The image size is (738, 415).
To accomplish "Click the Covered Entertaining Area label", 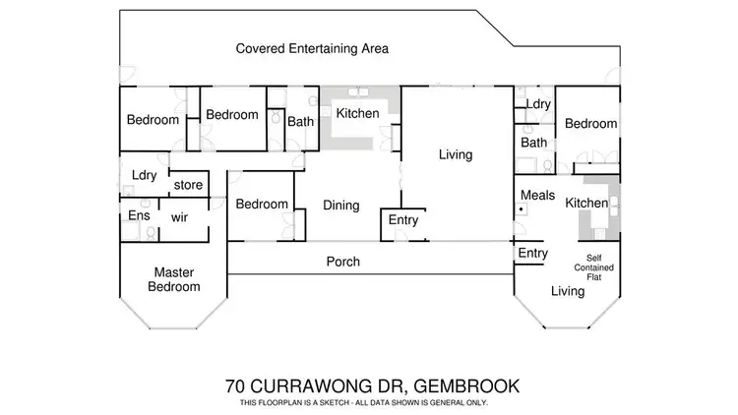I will [312, 47].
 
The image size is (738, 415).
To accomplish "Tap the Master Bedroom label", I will [174, 279].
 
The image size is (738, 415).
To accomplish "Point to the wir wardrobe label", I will [180, 216].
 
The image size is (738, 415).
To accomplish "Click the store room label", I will [188, 184].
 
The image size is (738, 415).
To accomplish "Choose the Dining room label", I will [340, 206].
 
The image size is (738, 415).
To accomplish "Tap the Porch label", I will [343, 262].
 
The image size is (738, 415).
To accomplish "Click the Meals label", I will [538, 195].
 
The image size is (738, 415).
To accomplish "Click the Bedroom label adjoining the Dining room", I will [261, 205].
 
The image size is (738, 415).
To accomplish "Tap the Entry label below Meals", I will [533, 253].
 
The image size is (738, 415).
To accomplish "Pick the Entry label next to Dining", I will [403, 220].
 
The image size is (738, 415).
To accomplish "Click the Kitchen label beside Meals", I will [585, 203].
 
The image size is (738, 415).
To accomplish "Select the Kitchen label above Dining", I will [357, 114].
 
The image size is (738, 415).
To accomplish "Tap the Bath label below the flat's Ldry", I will [533, 143].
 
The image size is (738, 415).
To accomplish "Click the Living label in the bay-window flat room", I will [567, 290].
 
